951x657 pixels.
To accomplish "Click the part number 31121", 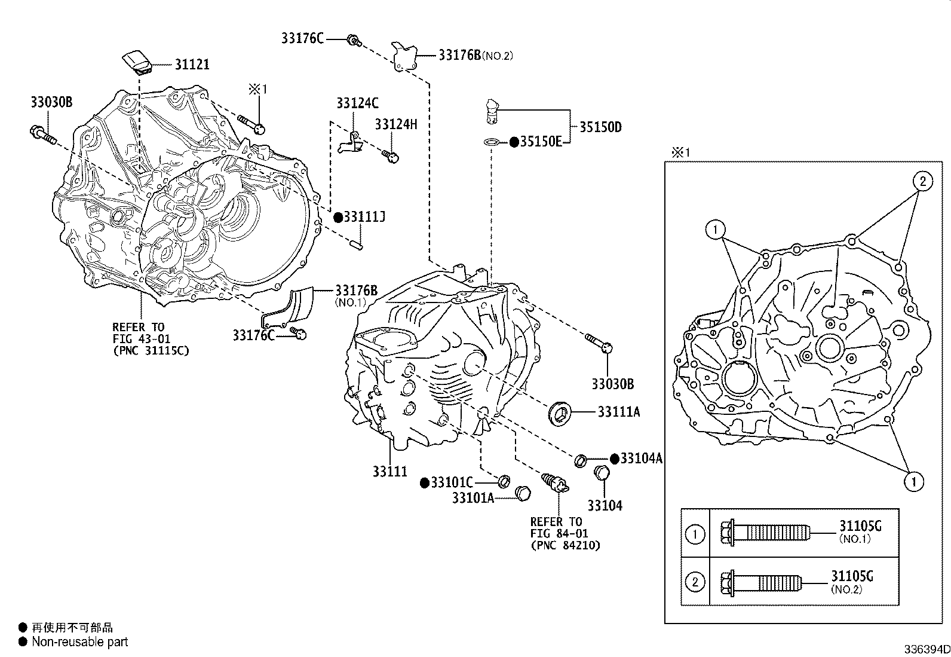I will pos(192,65).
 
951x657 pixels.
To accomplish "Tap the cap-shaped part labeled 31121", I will pos(137,62).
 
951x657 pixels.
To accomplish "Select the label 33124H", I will pos(396,124).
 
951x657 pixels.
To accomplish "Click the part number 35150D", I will pos(600,127).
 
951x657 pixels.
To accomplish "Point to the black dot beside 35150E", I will pos(513,142).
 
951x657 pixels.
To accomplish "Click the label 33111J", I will pos(364,217).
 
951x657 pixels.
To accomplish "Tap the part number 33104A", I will pos(641,459).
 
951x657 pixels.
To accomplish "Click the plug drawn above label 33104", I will pos(602,473).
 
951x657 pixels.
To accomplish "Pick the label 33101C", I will pos(452,482).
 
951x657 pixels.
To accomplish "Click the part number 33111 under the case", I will pos(390,472).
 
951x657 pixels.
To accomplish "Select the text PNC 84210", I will pos(565,545).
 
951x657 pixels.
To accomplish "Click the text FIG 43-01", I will pos(140,338).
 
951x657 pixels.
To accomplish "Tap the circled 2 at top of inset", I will pos(922,181).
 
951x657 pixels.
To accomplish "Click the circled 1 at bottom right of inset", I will pos(914,481).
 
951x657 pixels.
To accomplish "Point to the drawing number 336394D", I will pos(925,649).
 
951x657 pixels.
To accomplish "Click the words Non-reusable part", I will pos(79,642).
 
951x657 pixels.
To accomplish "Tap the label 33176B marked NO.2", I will pos(459,55).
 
